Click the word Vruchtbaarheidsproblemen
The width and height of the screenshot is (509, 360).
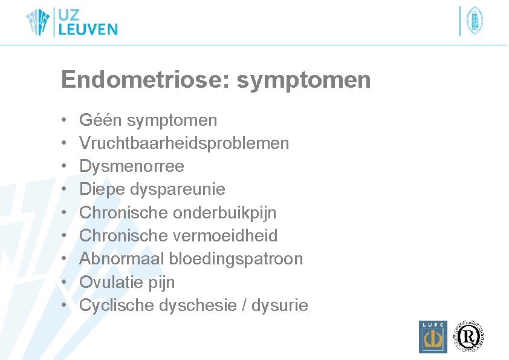point(184,143)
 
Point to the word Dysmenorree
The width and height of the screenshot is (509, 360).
point(131,166)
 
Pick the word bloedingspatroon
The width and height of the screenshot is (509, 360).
point(236,259)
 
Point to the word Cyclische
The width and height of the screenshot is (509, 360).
point(117,306)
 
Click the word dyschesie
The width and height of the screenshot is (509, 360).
point(197,306)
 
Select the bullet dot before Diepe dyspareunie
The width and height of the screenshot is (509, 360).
point(64,190)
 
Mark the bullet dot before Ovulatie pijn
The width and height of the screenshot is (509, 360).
point(64,283)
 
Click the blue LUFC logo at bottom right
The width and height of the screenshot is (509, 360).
point(433,336)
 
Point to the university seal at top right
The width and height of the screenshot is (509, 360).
point(475,21)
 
